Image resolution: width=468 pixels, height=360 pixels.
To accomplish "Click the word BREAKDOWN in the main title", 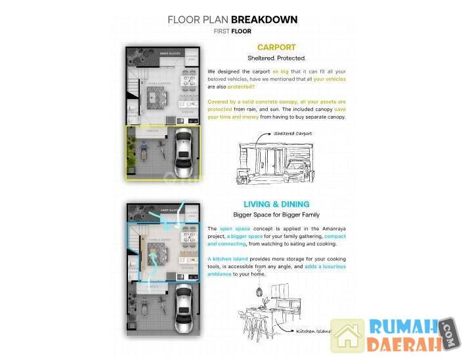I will [264, 20].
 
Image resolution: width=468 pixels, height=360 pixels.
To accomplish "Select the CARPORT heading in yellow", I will [276, 47].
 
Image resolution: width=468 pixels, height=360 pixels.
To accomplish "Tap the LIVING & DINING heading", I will [276, 204].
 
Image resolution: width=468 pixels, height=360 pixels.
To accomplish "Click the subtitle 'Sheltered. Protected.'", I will [276, 58].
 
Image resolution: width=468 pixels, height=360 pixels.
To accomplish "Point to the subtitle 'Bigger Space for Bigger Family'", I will [276, 214].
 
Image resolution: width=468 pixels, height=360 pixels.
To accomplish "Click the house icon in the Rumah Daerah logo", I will [347, 336].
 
